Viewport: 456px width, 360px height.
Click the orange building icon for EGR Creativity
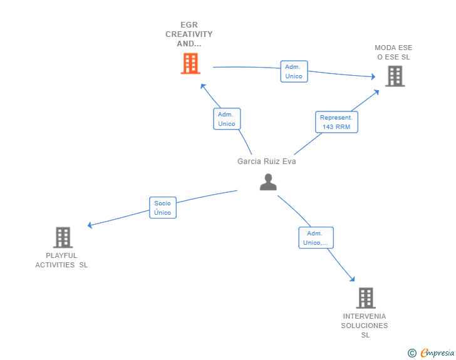(x=190, y=63)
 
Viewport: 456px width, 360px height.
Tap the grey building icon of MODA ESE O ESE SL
(x=395, y=76)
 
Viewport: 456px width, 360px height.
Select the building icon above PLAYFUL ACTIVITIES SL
(x=63, y=237)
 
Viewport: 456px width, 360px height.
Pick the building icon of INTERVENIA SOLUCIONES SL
(x=366, y=298)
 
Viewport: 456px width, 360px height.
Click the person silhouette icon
(x=268, y=182)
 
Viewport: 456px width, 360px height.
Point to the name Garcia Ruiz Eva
(x=267, y=162)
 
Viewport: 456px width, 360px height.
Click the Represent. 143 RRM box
(x=336, y=122)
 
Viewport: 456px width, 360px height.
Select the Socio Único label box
(x=163, y=208)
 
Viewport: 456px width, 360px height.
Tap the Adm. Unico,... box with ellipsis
(x=316, y=237)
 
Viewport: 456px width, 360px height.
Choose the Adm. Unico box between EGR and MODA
(x=294, y=71)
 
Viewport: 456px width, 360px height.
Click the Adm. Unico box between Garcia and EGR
(x=227, y=119)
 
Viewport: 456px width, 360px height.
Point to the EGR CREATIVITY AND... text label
(x=189, y=34)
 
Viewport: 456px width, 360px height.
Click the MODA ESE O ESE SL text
(x=393, y=53)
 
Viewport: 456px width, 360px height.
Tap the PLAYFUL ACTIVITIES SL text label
(x=61, y=260)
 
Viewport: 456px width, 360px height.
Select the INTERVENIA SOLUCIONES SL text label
(x=365, y=326)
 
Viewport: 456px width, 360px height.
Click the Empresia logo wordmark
(x=437, y=352)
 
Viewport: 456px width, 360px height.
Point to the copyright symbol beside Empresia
(x=412, y=353)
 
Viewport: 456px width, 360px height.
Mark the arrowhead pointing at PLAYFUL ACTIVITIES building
(x=90, y=225)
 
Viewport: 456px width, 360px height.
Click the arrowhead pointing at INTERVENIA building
(x=353, y=279)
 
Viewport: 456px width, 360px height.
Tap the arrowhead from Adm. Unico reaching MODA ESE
(x=373, y=76)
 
